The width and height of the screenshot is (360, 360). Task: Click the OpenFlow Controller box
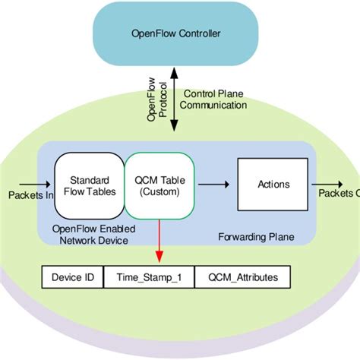177,34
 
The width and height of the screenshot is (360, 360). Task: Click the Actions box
273,184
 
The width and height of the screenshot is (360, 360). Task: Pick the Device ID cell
72,278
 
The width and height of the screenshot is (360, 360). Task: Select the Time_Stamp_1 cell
148,278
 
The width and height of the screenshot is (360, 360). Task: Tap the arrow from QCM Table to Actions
217,184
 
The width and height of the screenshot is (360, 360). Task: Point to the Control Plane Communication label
216,99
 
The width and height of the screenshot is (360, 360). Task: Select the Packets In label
30,195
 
